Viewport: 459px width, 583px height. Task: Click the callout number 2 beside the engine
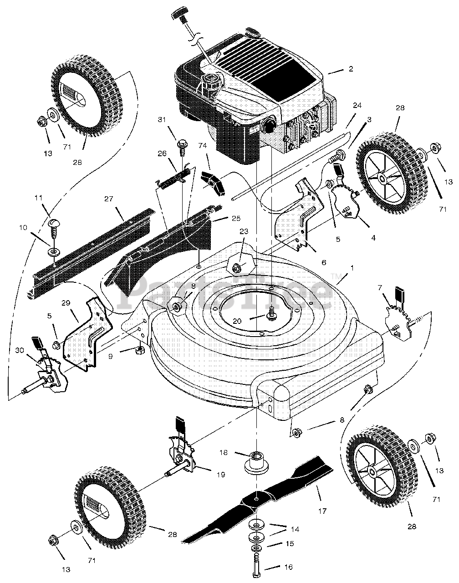click(x=351, y=69)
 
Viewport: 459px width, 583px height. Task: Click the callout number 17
click(x=322, y=511)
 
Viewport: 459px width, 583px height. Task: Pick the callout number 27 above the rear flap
click(x=108, y=199)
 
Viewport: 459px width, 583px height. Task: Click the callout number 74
click(x=202, y=145)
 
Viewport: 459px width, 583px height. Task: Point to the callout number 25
click(x=236, y=218)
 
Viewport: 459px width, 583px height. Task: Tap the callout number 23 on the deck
click(x=244, y=231)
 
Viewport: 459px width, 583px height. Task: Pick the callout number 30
click(x=20, y=350)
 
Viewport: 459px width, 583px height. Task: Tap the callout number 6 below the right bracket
click(x=324, y=262)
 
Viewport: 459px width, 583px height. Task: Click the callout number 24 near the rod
click(x=357, y=105)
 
